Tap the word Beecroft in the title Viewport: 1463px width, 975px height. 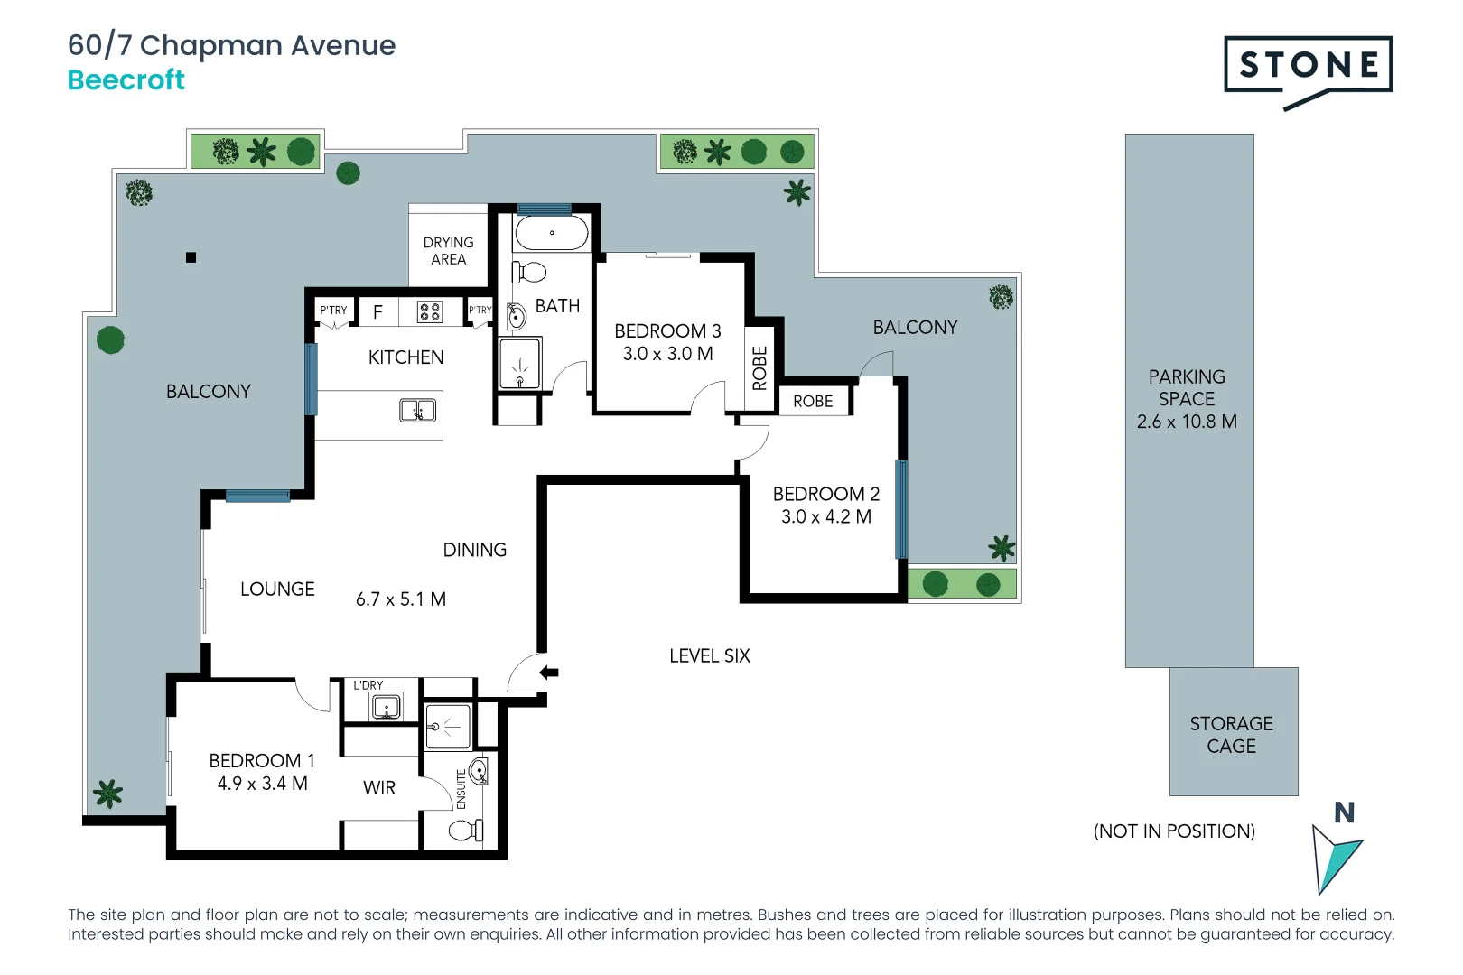pyautogui.click(x=126, y=80)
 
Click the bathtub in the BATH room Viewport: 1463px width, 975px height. pyautogui.click(x=552, y=234)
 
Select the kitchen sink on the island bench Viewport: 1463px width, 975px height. pyautogui.click(x=417, y=411)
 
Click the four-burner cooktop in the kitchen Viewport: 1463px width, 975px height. pyautogui.click(x=430, y=312)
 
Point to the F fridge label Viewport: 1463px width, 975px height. pyautogui.click(x=377, y=312)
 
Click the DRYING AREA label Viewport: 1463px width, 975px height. pyautogui.click(x=448, y=251)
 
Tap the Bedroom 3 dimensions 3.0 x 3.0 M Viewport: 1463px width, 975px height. pyautogui.click(x=667, y=354)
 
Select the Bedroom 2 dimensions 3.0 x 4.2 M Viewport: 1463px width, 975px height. pyautogui.click(x=825, y=517)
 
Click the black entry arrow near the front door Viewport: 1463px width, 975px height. pyautogui.click(x=549, y=673)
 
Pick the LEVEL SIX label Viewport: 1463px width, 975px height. pyautogui.click(x=709, y=656)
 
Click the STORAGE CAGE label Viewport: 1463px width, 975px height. pyautogui.click(x=1231, y=735)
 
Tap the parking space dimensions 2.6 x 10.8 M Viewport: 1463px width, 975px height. pyautogui.click(x=1187, y=422)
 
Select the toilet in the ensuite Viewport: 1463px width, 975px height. pyautogui.click(x=466, y=830)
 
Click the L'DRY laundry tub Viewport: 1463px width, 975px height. pyautogui.click(x=387, y=707)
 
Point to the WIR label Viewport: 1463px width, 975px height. pyautogui.click(x=379, y=788)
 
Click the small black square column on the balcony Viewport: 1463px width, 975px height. pyautogui.click(x=191, y=257)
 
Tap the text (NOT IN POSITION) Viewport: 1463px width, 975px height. pyautogui.click(x=1174, y=831)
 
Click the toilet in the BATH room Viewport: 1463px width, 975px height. pyautogui.click(x=530, y=272)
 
